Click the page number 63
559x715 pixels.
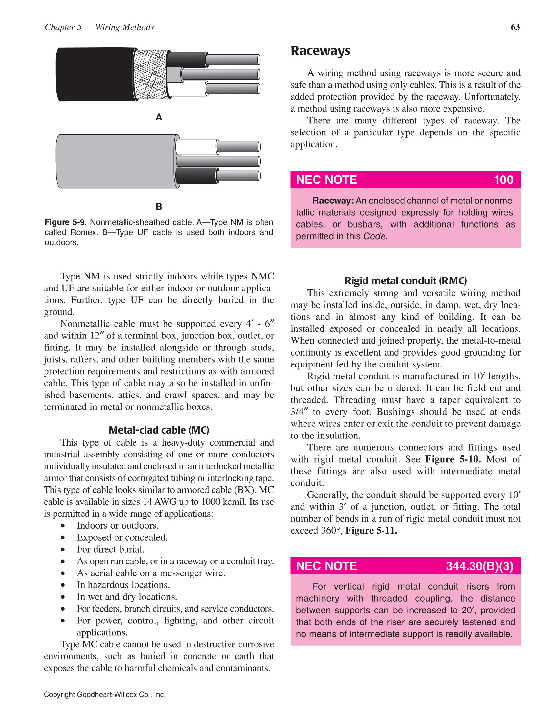pos(515,27)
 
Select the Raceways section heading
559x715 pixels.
pos(320,51)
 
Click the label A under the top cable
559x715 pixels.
pos(159,117)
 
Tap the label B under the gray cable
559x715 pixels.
pos(159,207)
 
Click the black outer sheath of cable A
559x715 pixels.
pos(95,75)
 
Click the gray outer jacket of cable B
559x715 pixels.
pos(115,162)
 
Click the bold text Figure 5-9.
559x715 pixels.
pos(65,223)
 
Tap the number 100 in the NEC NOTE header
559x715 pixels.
pos(503,180)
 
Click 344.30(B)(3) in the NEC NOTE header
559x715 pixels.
pos(479,566)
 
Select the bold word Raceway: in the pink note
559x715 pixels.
pos(333,201)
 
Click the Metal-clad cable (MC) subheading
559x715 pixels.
pos(159,430)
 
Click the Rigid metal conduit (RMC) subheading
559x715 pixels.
pos(405,281)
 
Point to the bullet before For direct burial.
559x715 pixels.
pos(63,550)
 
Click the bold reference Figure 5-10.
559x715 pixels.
pos(453,459)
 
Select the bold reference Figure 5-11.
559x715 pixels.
pos(371,530)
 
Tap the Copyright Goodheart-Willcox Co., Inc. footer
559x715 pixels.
pos(105,695)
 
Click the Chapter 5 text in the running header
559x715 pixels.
pos(63,27)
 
